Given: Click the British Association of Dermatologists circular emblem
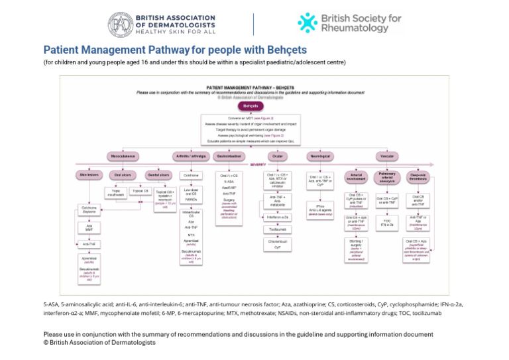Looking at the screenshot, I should click(121, 25).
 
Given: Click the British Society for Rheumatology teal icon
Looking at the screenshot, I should click(308, 23).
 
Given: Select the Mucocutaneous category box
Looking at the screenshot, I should click(123, 156).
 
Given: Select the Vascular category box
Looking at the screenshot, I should click(385, 156).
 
